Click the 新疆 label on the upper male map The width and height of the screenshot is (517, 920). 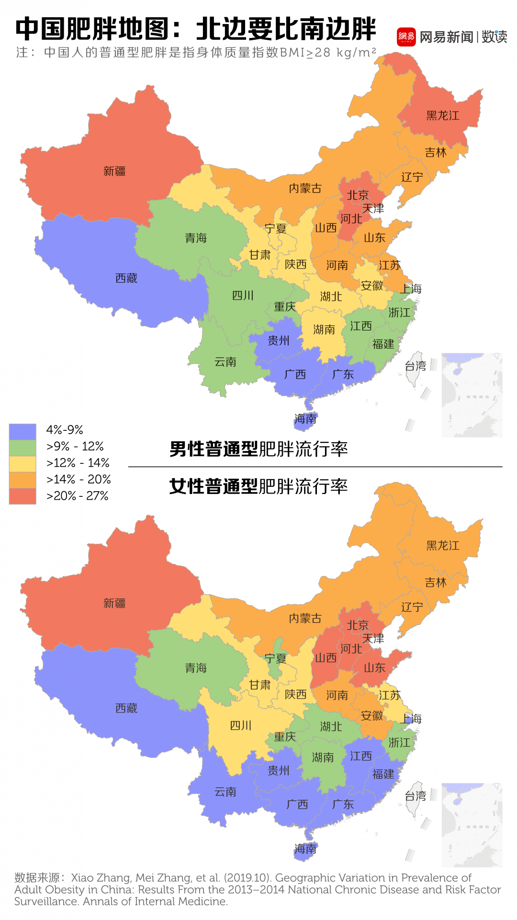click(114, 171)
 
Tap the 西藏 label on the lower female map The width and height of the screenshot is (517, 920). click(126, 708)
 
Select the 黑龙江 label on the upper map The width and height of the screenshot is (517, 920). click(442, 115)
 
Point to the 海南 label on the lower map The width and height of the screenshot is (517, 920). click(305, 849)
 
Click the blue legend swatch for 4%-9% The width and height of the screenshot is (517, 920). click(22, 431)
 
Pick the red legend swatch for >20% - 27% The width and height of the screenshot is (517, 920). click(22, 496)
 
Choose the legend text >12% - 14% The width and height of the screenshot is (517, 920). click(78, 463)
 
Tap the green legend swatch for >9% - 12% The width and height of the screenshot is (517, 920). click(22, 447)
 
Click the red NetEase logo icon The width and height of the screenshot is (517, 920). click(406, 37)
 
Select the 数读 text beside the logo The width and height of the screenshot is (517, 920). click(494, 37)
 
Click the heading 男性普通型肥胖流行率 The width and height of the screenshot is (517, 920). click(258, 449)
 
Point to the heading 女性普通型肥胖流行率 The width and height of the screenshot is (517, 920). click(258, 486)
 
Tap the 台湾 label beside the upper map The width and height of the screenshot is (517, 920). click(415, 366)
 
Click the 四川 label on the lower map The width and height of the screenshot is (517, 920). click(241, 725)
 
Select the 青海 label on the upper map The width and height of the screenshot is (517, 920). click(196, 238)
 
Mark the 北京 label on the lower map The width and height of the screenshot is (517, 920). click(358, 625)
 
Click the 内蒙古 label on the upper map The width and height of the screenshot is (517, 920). click(305, 188)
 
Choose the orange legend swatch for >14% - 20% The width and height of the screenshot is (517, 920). click(22, 480)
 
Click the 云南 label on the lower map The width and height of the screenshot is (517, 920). click(225, 792)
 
